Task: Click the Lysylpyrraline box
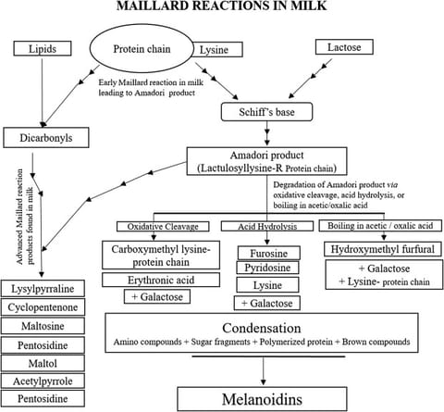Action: [x=43, y=288]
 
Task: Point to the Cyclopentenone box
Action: [x=43, y=306]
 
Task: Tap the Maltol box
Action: [x=43, y=362]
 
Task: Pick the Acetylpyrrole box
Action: [x=43, y=381]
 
